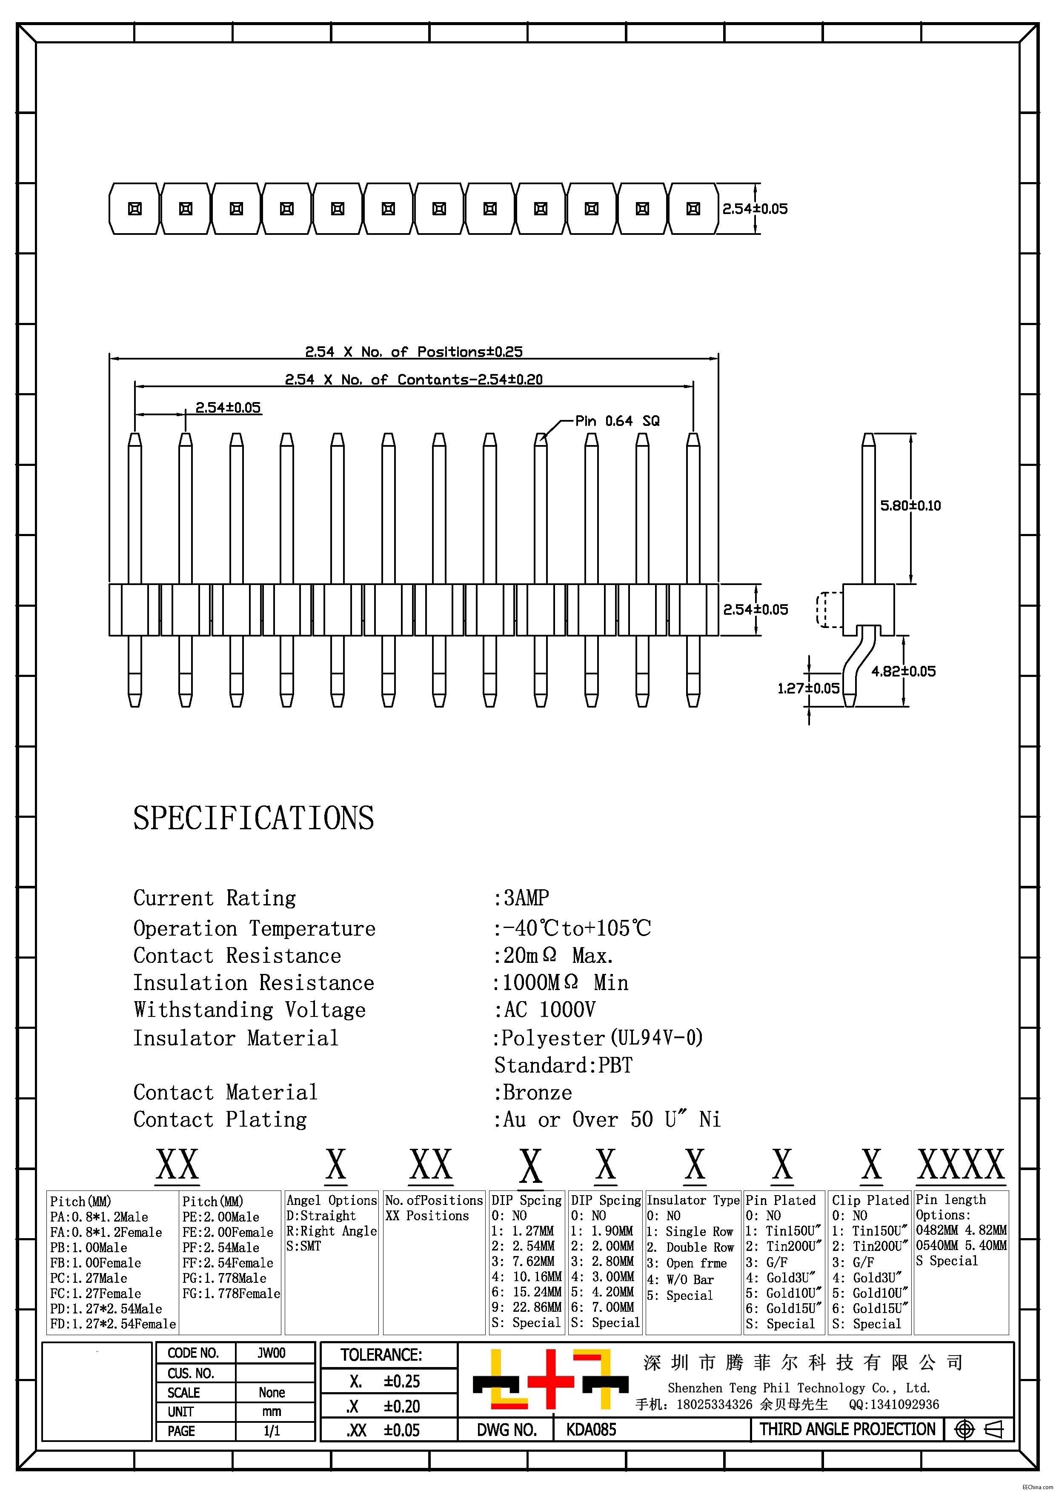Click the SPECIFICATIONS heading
[x=253, y=818]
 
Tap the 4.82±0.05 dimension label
[x=903, y=671]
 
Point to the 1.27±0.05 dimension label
[x=808, y=688]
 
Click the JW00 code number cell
[x=271, y=1353]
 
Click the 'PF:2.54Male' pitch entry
[x=220, y=1247]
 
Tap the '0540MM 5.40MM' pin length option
[x=961, y=1245]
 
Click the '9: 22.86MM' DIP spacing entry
[x=527, y=1306]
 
